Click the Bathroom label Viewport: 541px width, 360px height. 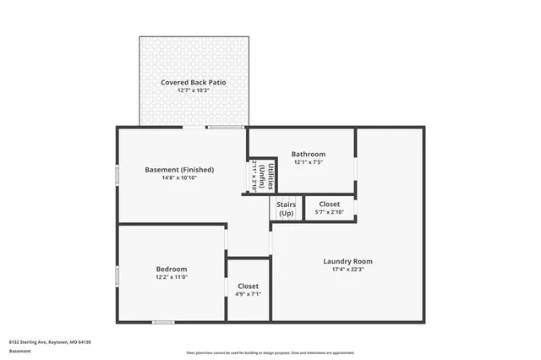309,154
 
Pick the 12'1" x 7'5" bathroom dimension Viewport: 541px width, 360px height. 309,162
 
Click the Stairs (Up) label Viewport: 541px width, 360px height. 285,209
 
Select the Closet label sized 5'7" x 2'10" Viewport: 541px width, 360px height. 329,204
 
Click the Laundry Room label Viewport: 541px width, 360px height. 347,261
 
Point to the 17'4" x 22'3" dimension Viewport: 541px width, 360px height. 347,270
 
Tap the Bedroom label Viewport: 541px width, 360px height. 171,268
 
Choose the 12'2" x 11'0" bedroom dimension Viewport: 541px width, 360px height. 171,276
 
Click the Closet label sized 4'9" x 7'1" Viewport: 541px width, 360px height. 248,286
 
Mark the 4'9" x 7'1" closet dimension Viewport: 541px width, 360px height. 248,294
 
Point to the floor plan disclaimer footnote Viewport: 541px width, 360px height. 270,352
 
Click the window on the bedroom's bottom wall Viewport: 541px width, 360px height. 163,321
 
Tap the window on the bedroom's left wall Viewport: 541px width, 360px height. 117,276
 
